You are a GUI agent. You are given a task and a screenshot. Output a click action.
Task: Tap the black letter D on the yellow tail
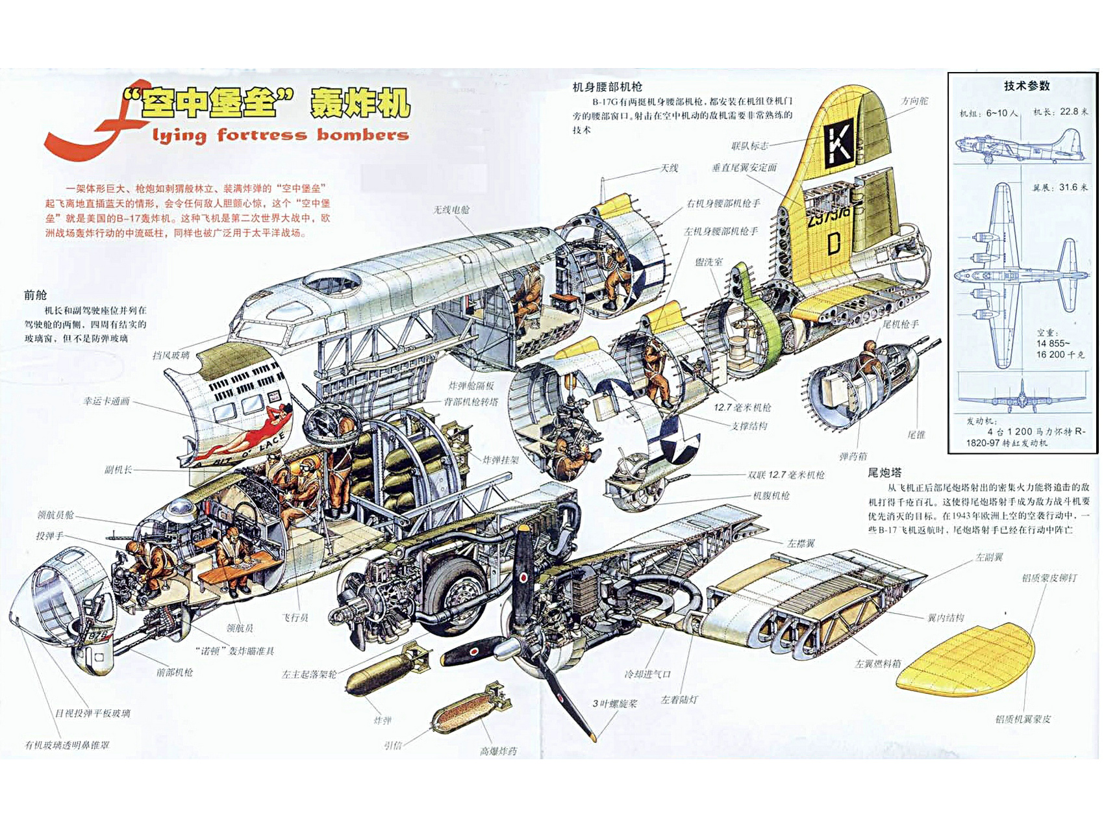[x=834, y=244]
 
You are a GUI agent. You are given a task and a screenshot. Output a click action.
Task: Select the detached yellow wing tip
[x=966, y=658]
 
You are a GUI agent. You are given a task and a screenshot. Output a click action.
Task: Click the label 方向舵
[x=914, y=101]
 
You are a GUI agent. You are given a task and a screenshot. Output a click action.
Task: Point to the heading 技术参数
[x=1026, y=86]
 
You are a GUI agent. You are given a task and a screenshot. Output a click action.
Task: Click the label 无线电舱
[x=451, y=210]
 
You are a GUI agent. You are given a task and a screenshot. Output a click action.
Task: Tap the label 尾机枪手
[x=900, y=323]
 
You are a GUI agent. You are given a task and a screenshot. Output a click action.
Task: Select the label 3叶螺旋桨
[x=614, y=703]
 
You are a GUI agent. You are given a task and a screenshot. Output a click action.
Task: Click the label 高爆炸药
[x=498, y=751]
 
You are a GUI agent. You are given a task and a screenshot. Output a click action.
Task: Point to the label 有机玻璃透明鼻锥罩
[x=67, y=745]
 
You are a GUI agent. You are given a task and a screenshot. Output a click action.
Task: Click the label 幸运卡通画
[x=107, y=401]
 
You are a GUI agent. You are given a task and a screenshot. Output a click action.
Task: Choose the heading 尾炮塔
[x=884, y=472]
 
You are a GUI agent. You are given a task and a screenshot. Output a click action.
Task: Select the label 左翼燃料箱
[x=877, y=663]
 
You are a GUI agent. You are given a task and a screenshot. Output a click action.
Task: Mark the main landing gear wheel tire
[x=457, y=591]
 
